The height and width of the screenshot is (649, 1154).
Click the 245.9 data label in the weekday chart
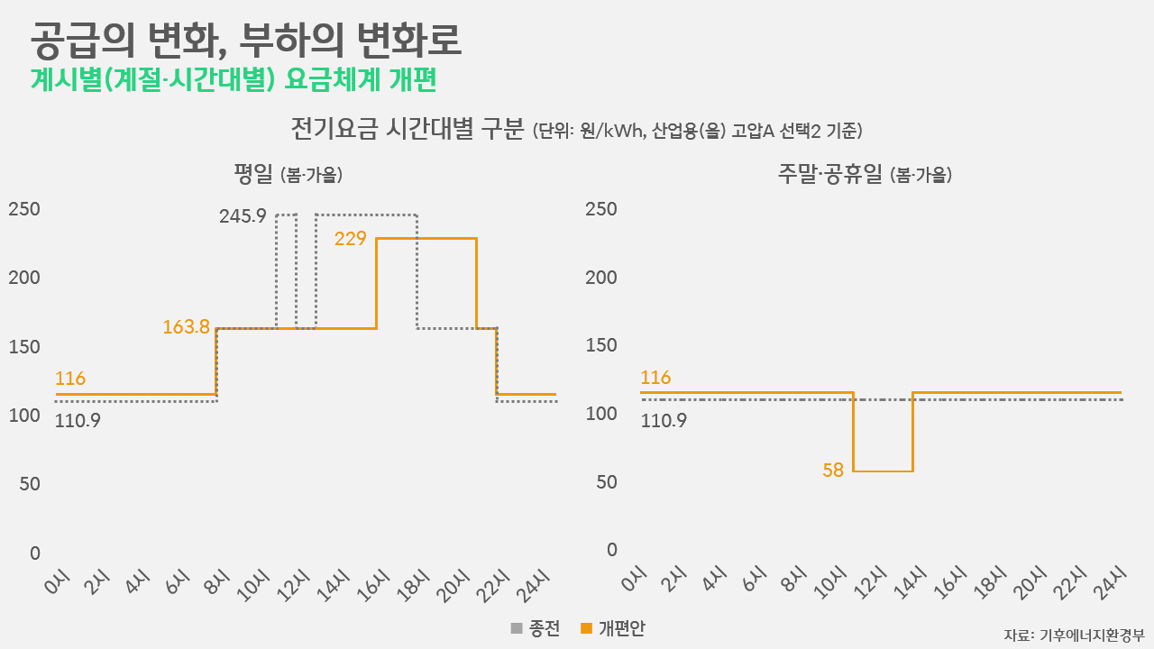pos(243,216)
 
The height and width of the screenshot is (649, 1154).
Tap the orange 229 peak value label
pos(350,239)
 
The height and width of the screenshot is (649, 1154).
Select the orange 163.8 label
pos(186,327)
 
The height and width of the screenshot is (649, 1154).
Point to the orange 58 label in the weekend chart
pos(833,470)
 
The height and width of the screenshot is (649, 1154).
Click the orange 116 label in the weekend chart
pos(655,377)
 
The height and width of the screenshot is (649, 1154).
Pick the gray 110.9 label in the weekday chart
pos(77,419)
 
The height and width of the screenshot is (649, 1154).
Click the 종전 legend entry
pos(535,628)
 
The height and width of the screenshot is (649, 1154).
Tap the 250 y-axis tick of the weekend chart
pos(601,209)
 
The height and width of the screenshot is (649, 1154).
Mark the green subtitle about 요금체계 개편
pos(234,79)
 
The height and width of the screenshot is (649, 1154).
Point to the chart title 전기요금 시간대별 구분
pos(407,129)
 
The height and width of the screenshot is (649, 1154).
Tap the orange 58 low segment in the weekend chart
pos(883,471)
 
